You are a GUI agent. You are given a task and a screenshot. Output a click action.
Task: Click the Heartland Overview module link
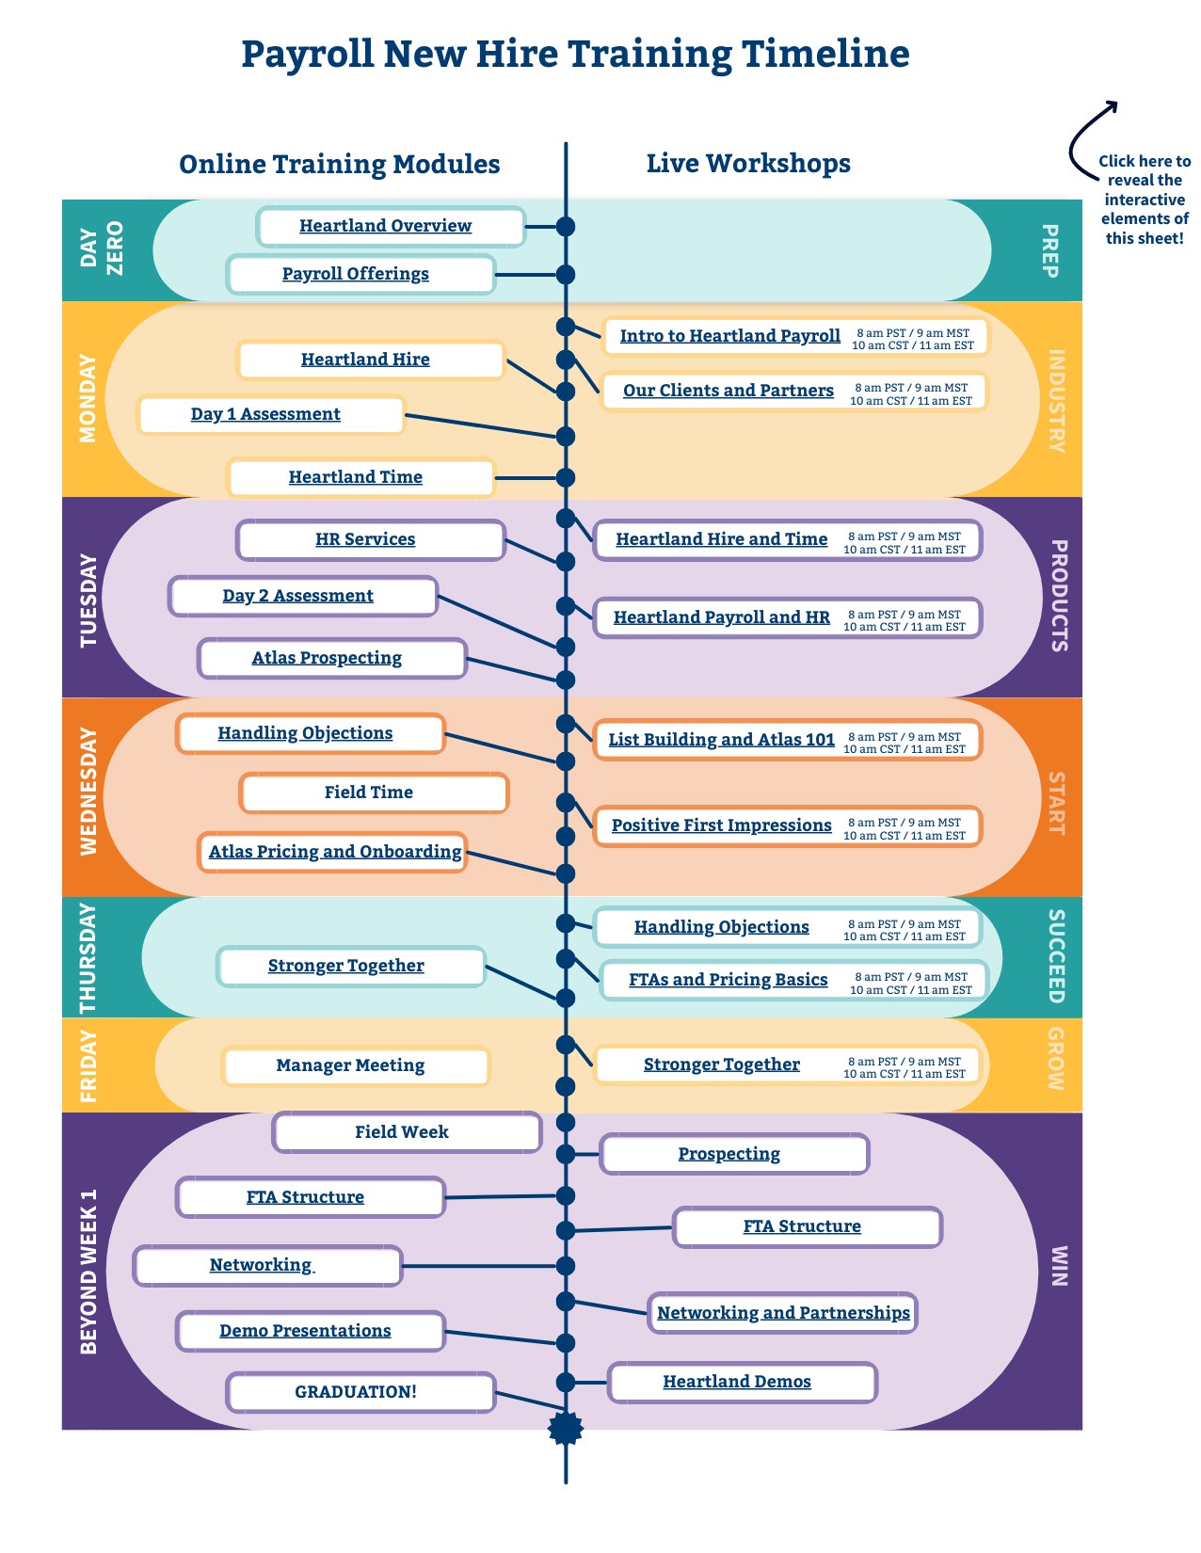tap(385, 226)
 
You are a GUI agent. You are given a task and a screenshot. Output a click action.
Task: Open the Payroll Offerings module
tap(356, 274)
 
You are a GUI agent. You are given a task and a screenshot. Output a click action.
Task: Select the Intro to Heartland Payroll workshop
tap(729, 336)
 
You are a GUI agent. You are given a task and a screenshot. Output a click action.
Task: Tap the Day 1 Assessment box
tap(265, 414)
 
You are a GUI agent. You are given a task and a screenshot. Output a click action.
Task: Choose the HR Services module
tap(365, 539)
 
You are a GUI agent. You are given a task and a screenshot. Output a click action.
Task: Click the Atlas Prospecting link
tap(327, 658)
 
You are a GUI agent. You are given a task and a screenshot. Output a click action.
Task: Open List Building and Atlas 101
tap(721, 740)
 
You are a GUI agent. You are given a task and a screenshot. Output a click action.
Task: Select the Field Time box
tap(369, 793)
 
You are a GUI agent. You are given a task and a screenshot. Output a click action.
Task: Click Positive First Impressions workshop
tap(721, 825)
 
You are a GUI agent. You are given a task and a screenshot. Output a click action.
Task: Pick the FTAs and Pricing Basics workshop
tap(728, 980)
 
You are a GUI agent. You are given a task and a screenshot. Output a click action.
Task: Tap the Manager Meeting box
tap(350, 1065)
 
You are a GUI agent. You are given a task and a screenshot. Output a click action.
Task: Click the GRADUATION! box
tap(356, 1392)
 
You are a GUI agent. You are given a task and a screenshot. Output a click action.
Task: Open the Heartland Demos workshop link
tap(737, 1382)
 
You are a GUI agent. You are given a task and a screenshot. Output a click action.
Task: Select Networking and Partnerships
tap(783, 1313)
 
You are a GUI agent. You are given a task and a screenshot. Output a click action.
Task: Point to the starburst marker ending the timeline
tap(566, 1428)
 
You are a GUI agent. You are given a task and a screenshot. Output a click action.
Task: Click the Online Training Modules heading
tap(339, 164)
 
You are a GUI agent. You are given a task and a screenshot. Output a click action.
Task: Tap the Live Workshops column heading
tap(748, 163)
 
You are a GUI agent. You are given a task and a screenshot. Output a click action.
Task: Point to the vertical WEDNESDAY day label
tap(88, 792)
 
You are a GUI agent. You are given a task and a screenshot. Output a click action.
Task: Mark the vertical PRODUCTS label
tap(1058, 596)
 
